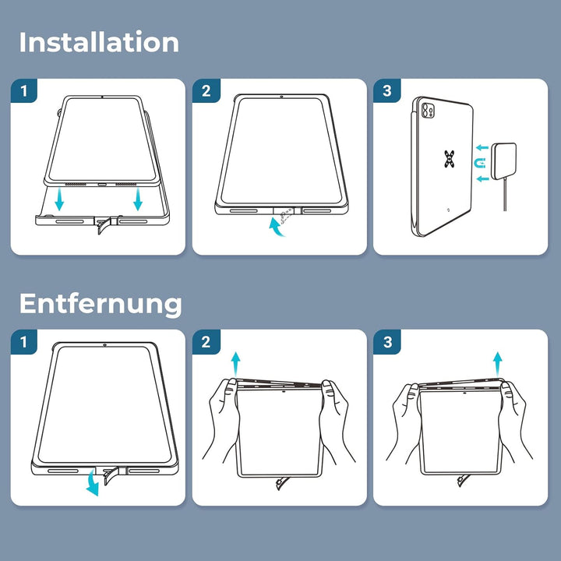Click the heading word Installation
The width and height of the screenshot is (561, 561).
(99, 42)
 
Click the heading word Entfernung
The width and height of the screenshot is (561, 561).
(101, 303)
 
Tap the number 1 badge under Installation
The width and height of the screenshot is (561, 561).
(24, 91)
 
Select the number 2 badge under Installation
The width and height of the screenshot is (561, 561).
(206, 91)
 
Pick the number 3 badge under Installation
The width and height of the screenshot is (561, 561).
(387, 91)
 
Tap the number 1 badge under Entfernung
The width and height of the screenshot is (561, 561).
(24, 342)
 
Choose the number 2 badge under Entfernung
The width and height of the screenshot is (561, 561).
(206, 342)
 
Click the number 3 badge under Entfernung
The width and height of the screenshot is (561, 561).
(387, 342)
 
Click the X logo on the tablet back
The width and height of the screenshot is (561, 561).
(450, 159)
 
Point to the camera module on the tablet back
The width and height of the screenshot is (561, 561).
(428, 111)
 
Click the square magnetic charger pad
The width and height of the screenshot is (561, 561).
(504, 161)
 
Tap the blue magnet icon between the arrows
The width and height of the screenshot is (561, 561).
(480, 163)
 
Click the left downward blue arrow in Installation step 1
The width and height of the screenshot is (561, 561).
(59, 199)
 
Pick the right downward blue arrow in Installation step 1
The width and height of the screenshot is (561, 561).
(138, 199)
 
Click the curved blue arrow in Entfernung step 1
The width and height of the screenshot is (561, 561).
(93, 483)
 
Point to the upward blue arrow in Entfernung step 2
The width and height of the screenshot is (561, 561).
(235, 364)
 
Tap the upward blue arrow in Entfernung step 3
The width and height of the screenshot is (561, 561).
(498, 364)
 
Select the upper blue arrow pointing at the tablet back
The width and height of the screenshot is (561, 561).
(482, 147)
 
